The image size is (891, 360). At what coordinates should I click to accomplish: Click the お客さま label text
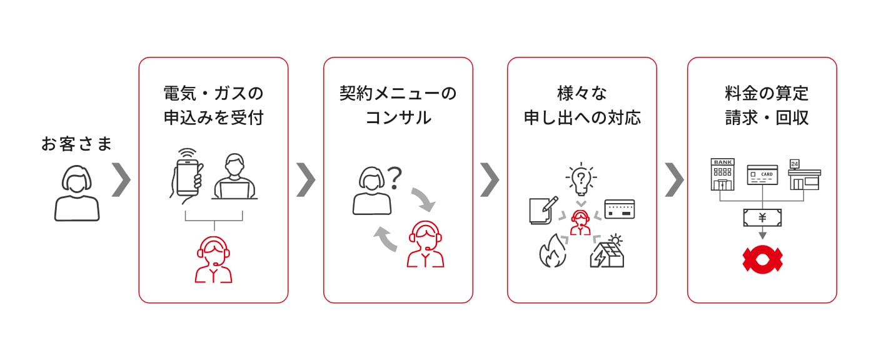tap(76, 144)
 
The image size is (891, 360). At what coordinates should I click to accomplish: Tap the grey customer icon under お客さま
tap(76, 193)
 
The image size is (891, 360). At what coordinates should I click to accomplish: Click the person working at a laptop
tap(234, 177)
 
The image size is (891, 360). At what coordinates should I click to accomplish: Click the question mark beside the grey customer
tap(394, 178)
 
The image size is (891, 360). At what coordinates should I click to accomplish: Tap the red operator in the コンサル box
tap(425, 244)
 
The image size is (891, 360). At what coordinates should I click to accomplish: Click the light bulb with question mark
tap(580, 178)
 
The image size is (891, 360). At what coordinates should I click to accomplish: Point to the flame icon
tap(552, 251)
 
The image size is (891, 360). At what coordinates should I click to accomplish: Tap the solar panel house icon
tap(608, 251)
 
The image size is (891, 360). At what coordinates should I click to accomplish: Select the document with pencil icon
tap(542, 210)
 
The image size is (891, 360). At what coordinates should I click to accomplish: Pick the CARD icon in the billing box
tap(762, 175)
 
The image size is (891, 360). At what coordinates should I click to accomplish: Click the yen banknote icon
tap(762, 217)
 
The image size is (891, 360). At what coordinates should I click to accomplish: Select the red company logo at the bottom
tap(762, 259)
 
